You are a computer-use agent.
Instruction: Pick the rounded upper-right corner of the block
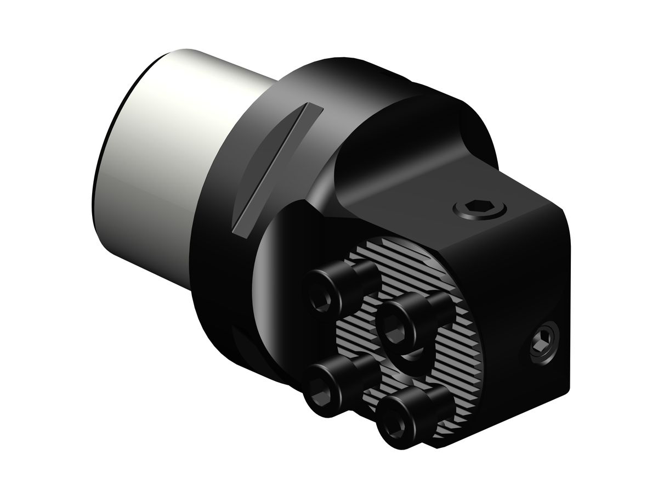tap(565, 220)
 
